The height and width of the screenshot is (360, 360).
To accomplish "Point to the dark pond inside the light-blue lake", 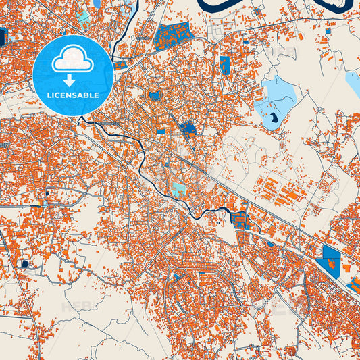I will tap(273, 120).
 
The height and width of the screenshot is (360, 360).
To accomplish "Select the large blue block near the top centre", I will tap(173, 36).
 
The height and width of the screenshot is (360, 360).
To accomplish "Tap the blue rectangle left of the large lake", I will tap(224, 65).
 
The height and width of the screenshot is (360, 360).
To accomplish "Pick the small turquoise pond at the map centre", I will tap(179, 190).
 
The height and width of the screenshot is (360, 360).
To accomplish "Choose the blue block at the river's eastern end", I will tap(240, 218).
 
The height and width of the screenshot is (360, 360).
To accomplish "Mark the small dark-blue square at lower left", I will tap(25, 264).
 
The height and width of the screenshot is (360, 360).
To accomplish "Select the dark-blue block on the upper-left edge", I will tap(2, 38).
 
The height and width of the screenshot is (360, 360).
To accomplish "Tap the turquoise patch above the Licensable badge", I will tap(83, 14).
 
